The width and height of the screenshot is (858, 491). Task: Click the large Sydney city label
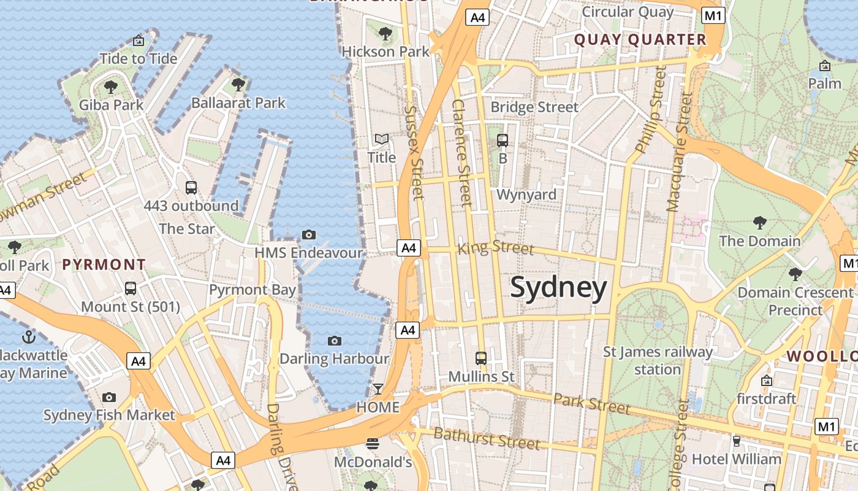coord(558,287)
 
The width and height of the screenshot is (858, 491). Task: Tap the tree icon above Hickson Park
coord(385,34)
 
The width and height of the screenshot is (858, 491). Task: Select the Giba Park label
coord(111,105)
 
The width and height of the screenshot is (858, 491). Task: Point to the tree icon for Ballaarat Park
coord(238,85)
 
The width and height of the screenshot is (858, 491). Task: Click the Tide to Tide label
coord(139,59)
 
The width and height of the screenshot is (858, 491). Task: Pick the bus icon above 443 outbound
coord(191,187)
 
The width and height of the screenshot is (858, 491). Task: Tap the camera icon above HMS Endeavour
coord(309,234)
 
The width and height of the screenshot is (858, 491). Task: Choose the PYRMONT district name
coord(104,265)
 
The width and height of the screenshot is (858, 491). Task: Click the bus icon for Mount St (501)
coord(131,288)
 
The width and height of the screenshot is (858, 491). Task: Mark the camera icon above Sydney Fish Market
coord(109,397)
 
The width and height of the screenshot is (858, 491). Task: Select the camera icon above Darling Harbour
coord(334,341)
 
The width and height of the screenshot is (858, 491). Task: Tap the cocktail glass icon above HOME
coord(378,389)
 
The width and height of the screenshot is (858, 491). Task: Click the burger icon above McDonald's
coord(373,443)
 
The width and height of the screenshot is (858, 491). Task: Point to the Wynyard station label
coord(526,195)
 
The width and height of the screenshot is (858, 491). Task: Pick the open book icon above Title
coord(382,139)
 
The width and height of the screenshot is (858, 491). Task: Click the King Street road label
coord(496,247)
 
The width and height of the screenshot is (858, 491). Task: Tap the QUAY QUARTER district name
coord(640,40)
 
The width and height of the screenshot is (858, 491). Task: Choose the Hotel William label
coord(736,458)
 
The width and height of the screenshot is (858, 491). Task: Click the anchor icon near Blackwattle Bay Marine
coord(28,336)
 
